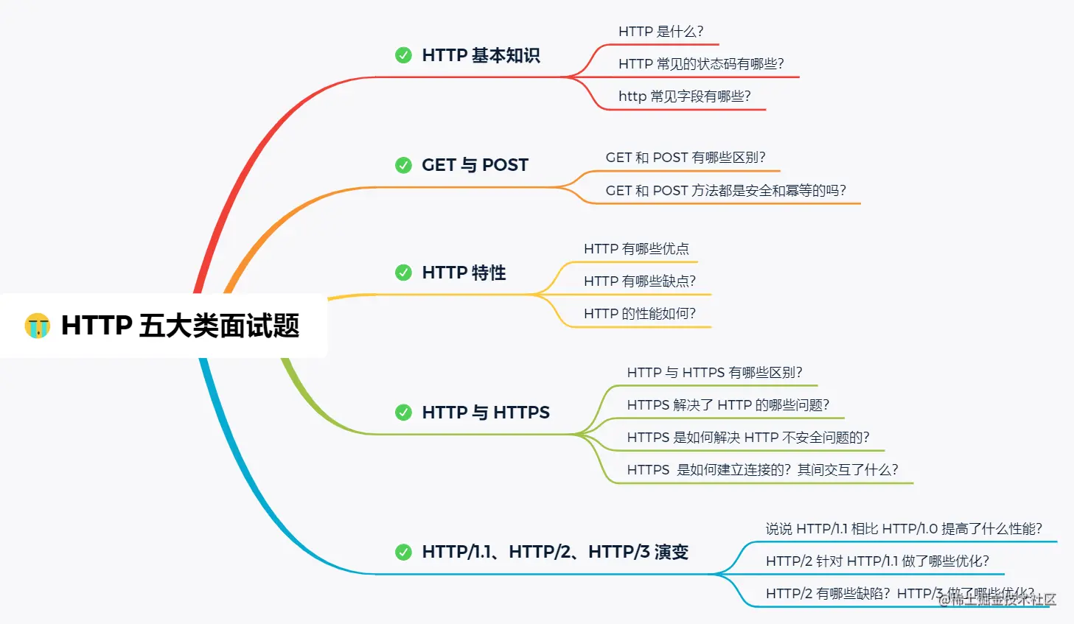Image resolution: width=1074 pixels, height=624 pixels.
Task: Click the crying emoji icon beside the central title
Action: click(x=37, y=326)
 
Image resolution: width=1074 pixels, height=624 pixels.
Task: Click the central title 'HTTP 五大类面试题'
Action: click(x=180, y=326)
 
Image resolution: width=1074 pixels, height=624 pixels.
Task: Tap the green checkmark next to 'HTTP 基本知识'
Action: click(x=403, y=55)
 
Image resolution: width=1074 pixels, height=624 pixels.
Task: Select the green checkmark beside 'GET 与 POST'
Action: click(x=403, y=165)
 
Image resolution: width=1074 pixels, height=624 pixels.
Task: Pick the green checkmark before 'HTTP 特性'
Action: click(x=403, y=273)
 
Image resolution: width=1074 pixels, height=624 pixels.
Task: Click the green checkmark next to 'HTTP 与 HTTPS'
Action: click(x=403, y=413)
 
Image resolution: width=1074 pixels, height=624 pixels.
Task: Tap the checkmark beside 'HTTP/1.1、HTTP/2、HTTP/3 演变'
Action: click(x=403, y=552)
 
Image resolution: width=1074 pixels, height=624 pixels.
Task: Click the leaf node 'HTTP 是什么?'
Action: click(x=660, y=32)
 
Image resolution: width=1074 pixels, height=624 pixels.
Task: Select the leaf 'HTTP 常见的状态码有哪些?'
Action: click(x=701, y=64)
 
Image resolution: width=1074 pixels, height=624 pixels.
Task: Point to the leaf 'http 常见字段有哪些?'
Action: click(x=684, y=97)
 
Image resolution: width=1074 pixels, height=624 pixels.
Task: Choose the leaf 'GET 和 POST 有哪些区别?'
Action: click(x=686, y=158)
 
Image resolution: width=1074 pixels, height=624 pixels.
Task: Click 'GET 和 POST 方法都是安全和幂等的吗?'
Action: click(x=725, y=191)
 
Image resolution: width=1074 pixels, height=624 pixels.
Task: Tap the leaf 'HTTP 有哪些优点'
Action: click(x=636, y=249)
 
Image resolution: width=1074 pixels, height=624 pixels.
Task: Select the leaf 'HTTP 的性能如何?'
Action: click(x=639, y=314)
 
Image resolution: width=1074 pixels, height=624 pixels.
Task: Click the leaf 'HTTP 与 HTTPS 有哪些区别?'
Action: click(x=714, y=373)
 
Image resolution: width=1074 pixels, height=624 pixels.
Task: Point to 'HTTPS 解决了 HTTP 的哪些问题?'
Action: click(x=728, y=405)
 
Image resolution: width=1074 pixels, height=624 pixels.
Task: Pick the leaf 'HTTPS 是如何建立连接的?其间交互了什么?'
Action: click(x=762, y=470)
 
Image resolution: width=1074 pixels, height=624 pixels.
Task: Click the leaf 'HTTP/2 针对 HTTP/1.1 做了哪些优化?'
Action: click(x=877, y=561)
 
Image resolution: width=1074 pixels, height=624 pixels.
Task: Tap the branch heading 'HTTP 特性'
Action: click(x=464, y=273)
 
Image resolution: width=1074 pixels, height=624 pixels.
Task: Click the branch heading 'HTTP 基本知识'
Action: click(x=481, y=55)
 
